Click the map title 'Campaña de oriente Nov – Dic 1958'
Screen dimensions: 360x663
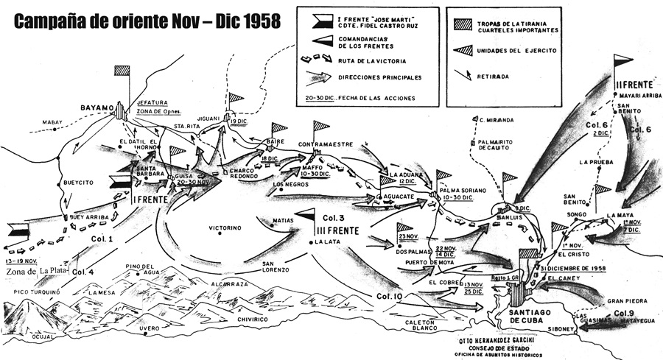tap(148, 21)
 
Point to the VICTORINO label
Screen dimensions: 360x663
tap(225, 228)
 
